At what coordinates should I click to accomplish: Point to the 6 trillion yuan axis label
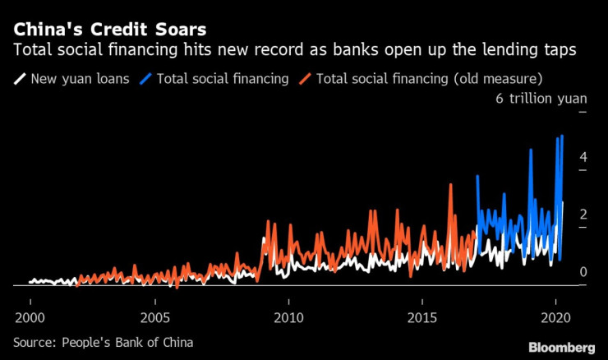(540, 99)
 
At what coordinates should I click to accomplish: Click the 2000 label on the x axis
(30, 318)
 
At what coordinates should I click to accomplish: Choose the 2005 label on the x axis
(156, 318)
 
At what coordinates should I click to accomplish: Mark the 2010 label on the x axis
(288, 318)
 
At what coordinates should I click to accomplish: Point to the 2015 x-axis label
(422, 318)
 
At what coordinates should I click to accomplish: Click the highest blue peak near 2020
(562, 136)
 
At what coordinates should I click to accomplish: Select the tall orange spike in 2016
(450, 185)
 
